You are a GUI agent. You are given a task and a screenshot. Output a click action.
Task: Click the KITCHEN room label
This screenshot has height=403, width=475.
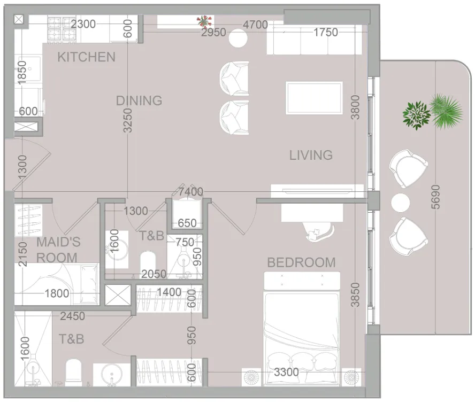(86, 57)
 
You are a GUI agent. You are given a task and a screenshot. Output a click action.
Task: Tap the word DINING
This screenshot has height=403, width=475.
(139, 100)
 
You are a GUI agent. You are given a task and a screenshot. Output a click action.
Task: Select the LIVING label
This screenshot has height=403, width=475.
(311, 155)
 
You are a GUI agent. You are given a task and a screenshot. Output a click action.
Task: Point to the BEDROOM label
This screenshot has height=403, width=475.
(301, 262)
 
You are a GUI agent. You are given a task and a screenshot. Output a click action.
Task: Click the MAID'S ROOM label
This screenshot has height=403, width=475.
(58, 250)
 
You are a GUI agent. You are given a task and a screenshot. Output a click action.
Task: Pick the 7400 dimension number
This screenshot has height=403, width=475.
(190, 192)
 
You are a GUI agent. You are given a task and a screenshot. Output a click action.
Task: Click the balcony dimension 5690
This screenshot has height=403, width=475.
(435, 197)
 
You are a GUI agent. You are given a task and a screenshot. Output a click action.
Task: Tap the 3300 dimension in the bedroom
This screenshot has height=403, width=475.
(286, 372)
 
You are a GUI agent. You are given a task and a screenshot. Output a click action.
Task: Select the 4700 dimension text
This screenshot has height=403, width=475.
(255, 25)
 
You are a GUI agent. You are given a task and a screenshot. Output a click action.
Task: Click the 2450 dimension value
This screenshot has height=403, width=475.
(72, 316)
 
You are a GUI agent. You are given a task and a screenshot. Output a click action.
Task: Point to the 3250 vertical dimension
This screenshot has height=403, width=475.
(128, 120)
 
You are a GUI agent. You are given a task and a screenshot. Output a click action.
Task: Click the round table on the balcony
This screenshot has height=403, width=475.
(400, 203)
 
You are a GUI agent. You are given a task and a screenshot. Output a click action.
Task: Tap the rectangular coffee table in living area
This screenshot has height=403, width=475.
(315, 98)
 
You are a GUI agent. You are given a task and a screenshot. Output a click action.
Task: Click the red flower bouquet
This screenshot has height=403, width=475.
(204, 21)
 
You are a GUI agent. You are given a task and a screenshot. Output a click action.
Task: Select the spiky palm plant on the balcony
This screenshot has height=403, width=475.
(447, 111)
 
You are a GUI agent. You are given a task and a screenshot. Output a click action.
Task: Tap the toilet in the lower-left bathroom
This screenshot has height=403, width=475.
(73, 371)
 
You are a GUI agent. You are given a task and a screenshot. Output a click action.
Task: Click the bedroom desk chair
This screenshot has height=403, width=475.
(319, 231)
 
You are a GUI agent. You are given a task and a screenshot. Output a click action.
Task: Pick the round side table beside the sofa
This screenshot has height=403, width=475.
(238, 38)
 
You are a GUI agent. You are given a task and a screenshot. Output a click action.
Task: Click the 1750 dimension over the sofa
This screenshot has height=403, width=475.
(325, 33)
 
